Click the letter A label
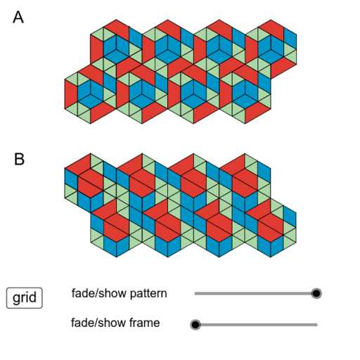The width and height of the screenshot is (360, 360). click(x=18, y=18)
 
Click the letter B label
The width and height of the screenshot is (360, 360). click(x=19, y=159)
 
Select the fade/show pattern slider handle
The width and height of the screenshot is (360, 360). click(x=316, y=293)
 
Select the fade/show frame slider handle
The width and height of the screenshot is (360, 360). click(x=195, y=325)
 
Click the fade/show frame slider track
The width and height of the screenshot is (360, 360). click(x=256, y=325)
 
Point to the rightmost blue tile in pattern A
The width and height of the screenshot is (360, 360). click(x=290, y=39)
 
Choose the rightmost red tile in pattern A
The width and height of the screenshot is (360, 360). click(x=284, y=68)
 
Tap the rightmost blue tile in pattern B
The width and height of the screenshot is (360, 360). click(x=290, y=217)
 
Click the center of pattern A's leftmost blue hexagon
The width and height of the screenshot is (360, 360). click(x=91, y=94)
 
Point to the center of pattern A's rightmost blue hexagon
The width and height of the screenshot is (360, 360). click(x=271, y=50)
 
